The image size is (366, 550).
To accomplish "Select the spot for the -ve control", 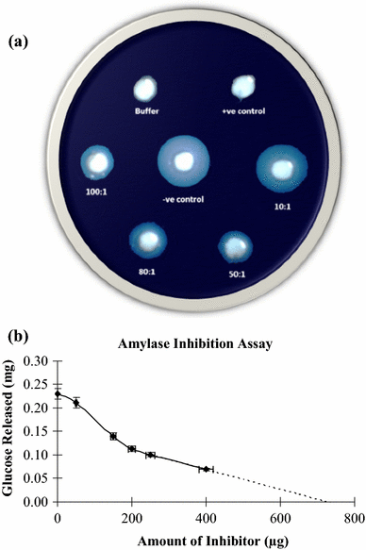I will (x=185, y=160).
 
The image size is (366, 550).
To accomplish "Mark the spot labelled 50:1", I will (x=234, y=247).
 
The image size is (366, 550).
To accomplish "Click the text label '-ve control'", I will (x=185, y=200).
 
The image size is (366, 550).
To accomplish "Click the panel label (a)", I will (x=23, y=42).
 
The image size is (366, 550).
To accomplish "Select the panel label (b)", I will (x=23, y=333).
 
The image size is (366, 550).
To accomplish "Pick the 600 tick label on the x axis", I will (x=280, y=517).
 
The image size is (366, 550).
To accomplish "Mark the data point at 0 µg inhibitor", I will (x=58, y=394).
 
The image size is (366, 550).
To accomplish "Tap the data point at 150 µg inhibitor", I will (x=113, y=436).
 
